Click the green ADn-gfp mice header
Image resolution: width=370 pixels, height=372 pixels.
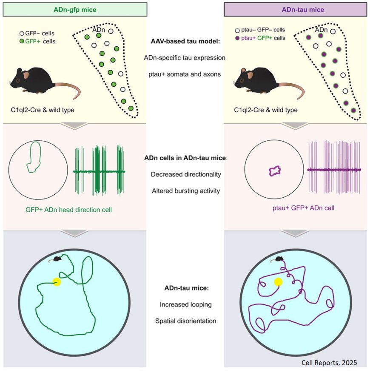[75, 9]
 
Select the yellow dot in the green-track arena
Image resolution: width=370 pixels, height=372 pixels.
[56, 281]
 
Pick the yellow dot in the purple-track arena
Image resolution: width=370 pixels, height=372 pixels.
[278, 281]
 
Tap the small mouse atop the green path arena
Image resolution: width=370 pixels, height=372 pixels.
[57, 258]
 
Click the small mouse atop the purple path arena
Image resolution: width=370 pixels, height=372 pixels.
[279, 258]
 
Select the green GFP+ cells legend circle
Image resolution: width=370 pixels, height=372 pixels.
[22, 41]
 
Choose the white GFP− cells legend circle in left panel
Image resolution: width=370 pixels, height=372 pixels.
[22, 33]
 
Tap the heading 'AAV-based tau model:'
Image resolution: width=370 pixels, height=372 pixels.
[185, 42]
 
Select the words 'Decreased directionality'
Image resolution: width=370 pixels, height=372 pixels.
[185, 174]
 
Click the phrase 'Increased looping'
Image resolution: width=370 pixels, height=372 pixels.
[185, 304]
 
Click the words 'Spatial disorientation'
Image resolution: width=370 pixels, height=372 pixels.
[185, 321]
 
